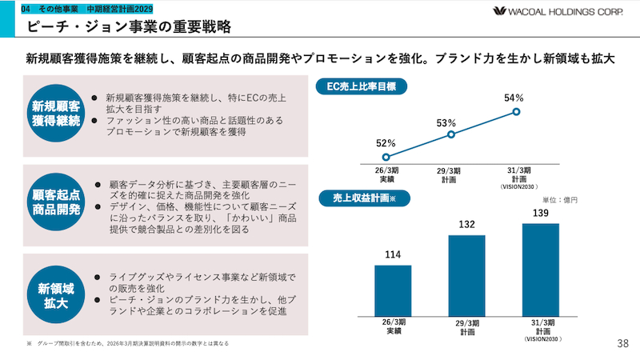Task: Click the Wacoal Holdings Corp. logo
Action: coord(558,11)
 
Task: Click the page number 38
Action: coord(623,344)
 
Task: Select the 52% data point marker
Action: coord(386,157)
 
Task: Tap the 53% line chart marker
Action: coord(451,134)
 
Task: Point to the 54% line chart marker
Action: coord(516,111)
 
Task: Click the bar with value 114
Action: coord(393,290)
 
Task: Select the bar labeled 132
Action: coord(467,275)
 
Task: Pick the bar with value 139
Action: coord(541,270)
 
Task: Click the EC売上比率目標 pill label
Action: coord(362,86)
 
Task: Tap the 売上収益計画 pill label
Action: coord(364,198)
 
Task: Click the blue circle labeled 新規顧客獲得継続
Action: coord(56,113)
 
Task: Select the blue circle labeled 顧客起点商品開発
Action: coord(56,202)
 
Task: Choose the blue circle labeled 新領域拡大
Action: coord(56,294)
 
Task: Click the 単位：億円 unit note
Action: coord(559,200)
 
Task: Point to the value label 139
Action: coord(541,213)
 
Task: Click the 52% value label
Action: coord(386,143)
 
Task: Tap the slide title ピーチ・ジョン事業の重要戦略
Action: coord(129,26)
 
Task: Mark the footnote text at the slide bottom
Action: coord(128,344)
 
